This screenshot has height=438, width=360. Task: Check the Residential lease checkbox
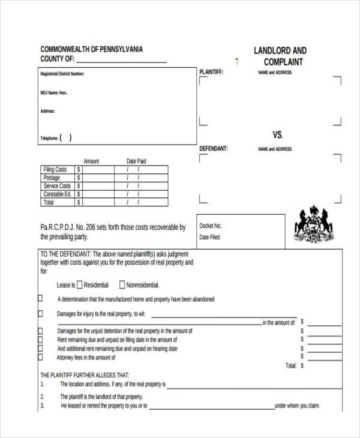tap(80, 285)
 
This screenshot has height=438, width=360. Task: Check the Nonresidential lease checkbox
tap(122, 285)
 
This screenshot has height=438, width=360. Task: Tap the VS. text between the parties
tap(278, 134)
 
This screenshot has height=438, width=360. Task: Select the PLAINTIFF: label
tap(211, 73)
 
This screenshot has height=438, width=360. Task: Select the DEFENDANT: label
tap(213, 149)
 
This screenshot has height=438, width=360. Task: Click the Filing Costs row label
tap(55, 170)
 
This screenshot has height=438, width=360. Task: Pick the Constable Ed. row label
tap(57, 194)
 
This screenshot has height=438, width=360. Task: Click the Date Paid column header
tap(136, 161)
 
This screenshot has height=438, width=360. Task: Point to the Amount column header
tap(91, 161)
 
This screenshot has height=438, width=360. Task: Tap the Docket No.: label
tap(211, 226)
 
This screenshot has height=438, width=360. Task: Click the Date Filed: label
tap(211, 237)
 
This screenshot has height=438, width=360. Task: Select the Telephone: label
tap(49, 139)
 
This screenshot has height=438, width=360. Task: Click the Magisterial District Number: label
tap(62, 74)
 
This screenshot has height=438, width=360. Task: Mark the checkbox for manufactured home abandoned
tap(41, 298)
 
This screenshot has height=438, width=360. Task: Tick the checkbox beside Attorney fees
tap(41, 357)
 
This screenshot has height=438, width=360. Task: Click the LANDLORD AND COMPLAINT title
tap(280, 56)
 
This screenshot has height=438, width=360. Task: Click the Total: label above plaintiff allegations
tap(290, 365)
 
